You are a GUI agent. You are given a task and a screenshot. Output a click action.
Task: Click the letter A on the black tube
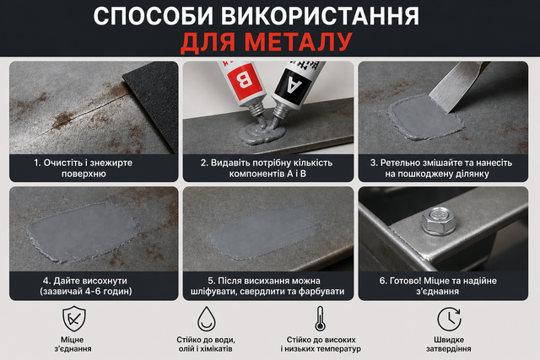tap(292, 83)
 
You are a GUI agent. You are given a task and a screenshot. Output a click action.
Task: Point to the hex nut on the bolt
tap(439, 221)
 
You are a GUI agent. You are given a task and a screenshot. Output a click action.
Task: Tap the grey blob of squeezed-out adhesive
tap(262, 133)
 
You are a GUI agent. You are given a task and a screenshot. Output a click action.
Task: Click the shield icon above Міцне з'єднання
tap(73, 319)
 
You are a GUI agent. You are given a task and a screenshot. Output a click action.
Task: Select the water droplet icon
tap(206, 319)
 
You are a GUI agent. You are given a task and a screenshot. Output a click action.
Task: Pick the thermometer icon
tap(321, 319)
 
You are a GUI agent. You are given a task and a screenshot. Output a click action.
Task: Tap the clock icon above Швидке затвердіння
tap(449, 319)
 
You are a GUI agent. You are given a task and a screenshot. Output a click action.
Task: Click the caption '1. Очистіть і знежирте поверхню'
tap(84, 168)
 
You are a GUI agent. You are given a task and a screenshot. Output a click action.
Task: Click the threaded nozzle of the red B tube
tap(256, 110)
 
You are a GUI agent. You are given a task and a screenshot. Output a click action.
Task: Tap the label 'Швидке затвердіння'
tap(449, 344)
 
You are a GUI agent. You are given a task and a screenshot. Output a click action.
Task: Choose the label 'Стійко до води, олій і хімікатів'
tap(206, 344)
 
